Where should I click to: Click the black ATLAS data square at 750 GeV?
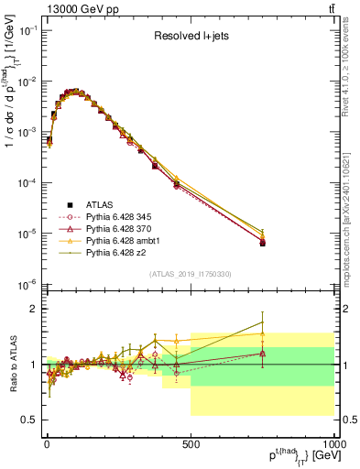click(263, 243)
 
